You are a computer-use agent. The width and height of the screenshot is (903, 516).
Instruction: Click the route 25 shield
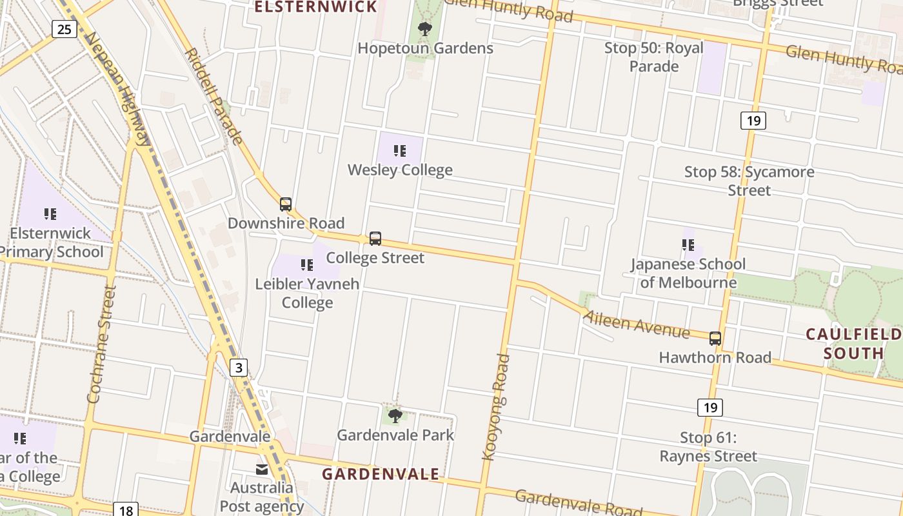click(64, 28)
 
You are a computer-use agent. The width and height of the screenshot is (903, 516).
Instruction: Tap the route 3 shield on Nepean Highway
click(239, 368)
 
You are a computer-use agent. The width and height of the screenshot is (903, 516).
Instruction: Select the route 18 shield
click(126, 510)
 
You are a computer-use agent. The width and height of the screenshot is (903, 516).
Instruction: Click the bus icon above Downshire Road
click(286, 204)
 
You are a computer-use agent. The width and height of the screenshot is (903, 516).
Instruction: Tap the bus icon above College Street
click(375, 239)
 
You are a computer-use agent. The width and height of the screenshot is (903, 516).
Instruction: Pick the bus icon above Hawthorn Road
click(715, 338)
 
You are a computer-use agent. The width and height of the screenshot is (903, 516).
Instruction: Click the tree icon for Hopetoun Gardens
click(424, 29)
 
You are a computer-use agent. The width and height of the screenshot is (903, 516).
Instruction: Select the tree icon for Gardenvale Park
click(395, 416)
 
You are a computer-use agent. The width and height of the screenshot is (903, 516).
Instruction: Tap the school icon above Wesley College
click(400, 151)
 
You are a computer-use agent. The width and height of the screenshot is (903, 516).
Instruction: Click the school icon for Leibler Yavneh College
click(307, 264)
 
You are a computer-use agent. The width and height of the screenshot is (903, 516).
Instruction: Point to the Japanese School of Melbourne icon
click(688, 245)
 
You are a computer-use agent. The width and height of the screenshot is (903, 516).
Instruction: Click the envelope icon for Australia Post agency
click(262, 469)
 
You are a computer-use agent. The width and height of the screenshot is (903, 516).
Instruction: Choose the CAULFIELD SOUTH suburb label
click(853, 343)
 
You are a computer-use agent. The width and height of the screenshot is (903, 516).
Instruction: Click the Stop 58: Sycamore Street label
click(749, 181)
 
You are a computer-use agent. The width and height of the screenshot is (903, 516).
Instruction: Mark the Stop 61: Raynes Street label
click(708, 447)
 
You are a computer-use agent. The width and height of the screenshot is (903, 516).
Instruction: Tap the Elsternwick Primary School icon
click(50, 213)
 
